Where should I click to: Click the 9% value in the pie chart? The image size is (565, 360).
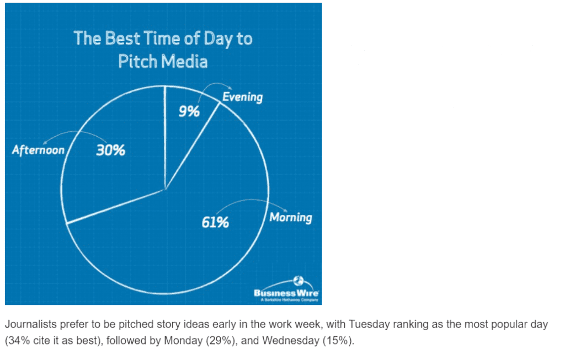[x=189, y=111]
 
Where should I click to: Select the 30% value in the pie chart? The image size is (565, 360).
[x=110, y=150]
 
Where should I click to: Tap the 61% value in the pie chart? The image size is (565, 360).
[x=215, y=223]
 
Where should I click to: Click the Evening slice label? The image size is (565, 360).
[x=242, y=97]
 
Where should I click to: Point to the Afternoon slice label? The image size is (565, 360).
[x=38, y=150]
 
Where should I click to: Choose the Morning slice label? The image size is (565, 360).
[x=290, y=218]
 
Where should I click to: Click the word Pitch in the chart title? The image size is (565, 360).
[x=138, y=61]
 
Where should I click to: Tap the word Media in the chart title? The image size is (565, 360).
[x=185, y=61]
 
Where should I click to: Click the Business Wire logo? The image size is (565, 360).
[x=286, y=292]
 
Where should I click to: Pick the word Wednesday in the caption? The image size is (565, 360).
[x=290, y=341]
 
